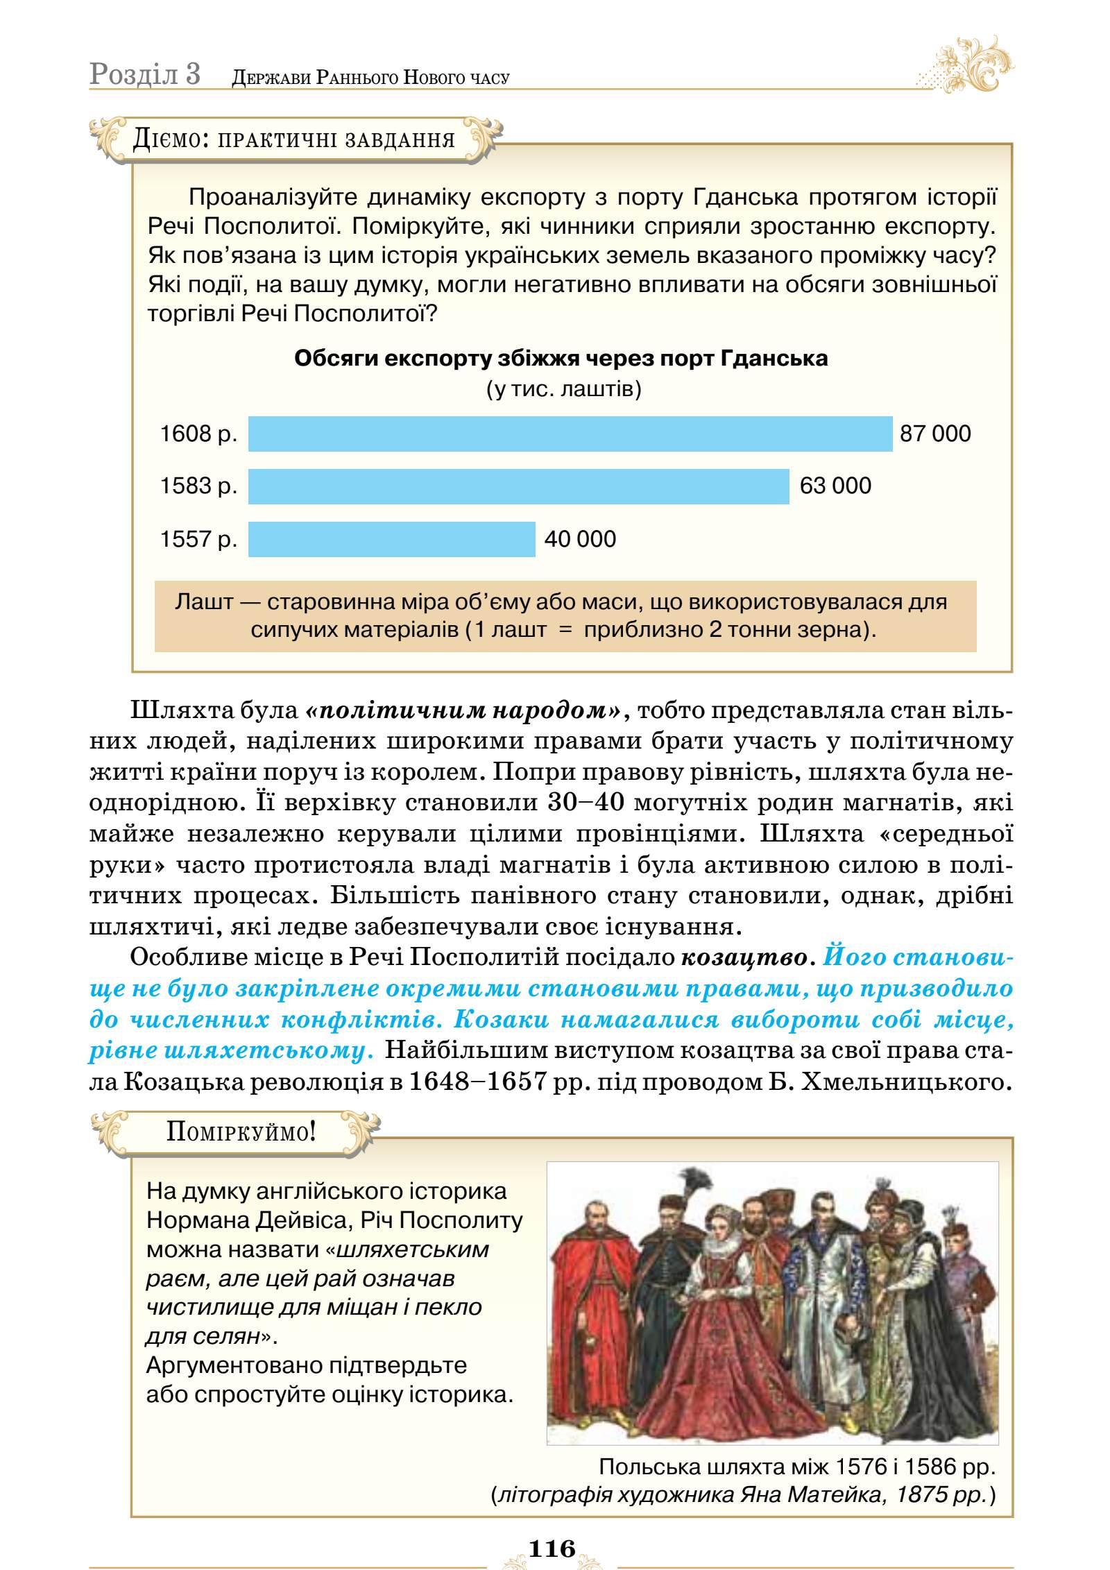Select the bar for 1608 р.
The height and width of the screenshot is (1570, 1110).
pos(570,434)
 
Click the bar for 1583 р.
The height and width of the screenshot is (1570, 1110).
pos(518,486)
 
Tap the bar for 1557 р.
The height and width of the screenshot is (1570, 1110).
pos(391,539)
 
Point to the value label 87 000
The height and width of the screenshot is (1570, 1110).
pos(935,434)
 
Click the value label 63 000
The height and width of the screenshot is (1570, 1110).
pos(835,486)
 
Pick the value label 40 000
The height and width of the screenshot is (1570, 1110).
pos(580,539)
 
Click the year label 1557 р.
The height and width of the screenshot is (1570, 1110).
pos(198,539)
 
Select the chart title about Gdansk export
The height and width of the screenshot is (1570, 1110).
pos(561,359)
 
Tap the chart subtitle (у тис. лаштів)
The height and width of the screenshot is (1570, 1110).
pos(563,389)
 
